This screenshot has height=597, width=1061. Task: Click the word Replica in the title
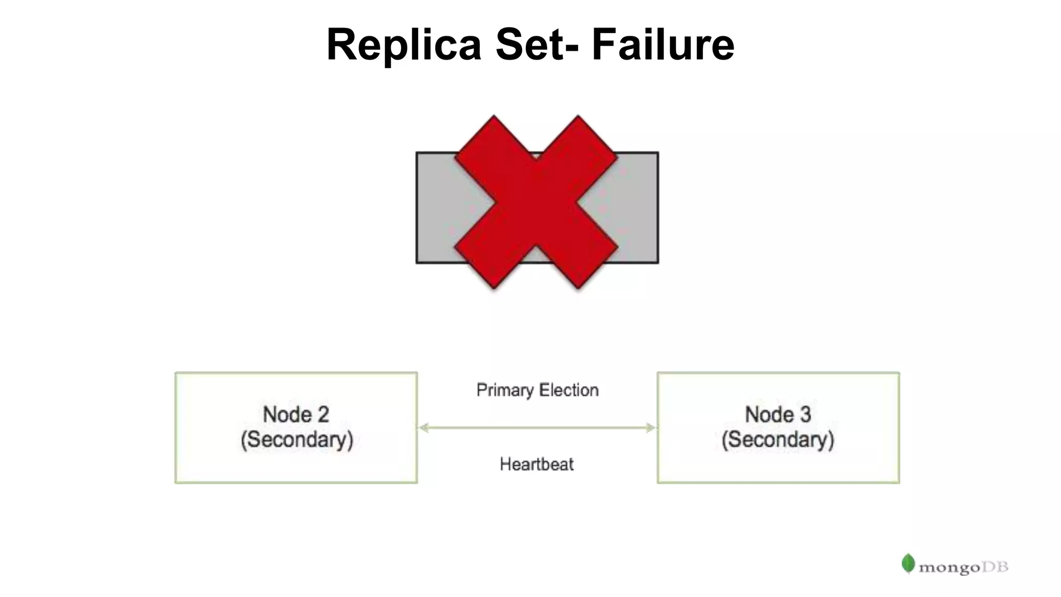point(404,45)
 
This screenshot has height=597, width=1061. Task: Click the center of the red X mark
point(536,202)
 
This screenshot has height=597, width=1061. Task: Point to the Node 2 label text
point(296,415)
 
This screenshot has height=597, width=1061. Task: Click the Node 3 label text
point(778,415)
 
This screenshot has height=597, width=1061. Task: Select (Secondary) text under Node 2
point(297,439)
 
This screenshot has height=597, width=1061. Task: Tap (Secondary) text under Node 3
point(778,439)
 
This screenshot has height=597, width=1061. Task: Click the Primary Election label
point(537,390)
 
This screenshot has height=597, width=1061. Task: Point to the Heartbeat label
point(537,464)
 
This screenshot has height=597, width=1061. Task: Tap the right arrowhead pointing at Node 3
point(651,428)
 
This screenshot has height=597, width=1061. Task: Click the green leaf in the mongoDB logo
point(908,563)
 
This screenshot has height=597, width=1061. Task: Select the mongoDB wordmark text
point(963,567)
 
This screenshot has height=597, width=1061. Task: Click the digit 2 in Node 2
point(323,415)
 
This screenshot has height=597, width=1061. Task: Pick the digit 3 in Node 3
point(805,415)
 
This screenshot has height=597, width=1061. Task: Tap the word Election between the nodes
point(569,390)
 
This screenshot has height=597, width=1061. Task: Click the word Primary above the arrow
point(505,390)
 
